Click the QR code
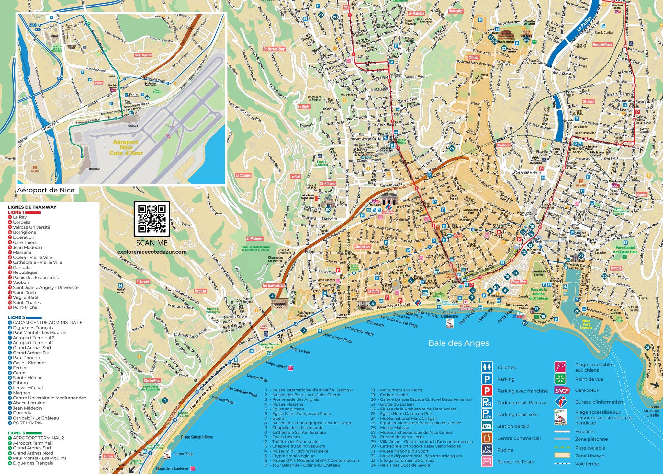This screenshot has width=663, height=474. coord(152,219)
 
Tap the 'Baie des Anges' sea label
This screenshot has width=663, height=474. coord(458,343)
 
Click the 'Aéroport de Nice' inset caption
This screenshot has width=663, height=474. coord(46,190)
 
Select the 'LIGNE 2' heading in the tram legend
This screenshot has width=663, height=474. coord(17,318)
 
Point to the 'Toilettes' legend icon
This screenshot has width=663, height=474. coord(487,367)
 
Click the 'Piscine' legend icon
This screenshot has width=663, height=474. coord(487,450)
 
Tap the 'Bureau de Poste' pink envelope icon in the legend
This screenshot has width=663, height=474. coord(487,462)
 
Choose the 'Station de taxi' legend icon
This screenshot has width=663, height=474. coord(487,426)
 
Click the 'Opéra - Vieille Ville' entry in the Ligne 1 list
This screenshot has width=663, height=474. coord(32,257)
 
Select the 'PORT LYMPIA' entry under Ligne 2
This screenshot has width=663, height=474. coord(27,423)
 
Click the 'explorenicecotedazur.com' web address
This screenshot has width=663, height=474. coord(152,252)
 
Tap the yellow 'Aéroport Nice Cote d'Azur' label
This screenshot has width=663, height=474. coord(126,147)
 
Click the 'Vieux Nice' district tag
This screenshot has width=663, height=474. coord(518,282)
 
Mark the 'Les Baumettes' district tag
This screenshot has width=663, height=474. coord(273,286)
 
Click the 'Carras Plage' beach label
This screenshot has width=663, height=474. coord(183,454)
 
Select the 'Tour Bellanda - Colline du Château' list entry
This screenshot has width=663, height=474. coord(306,465)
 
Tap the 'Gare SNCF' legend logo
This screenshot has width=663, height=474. coord(562,390)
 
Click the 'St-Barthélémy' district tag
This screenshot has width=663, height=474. coord(274,49)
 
